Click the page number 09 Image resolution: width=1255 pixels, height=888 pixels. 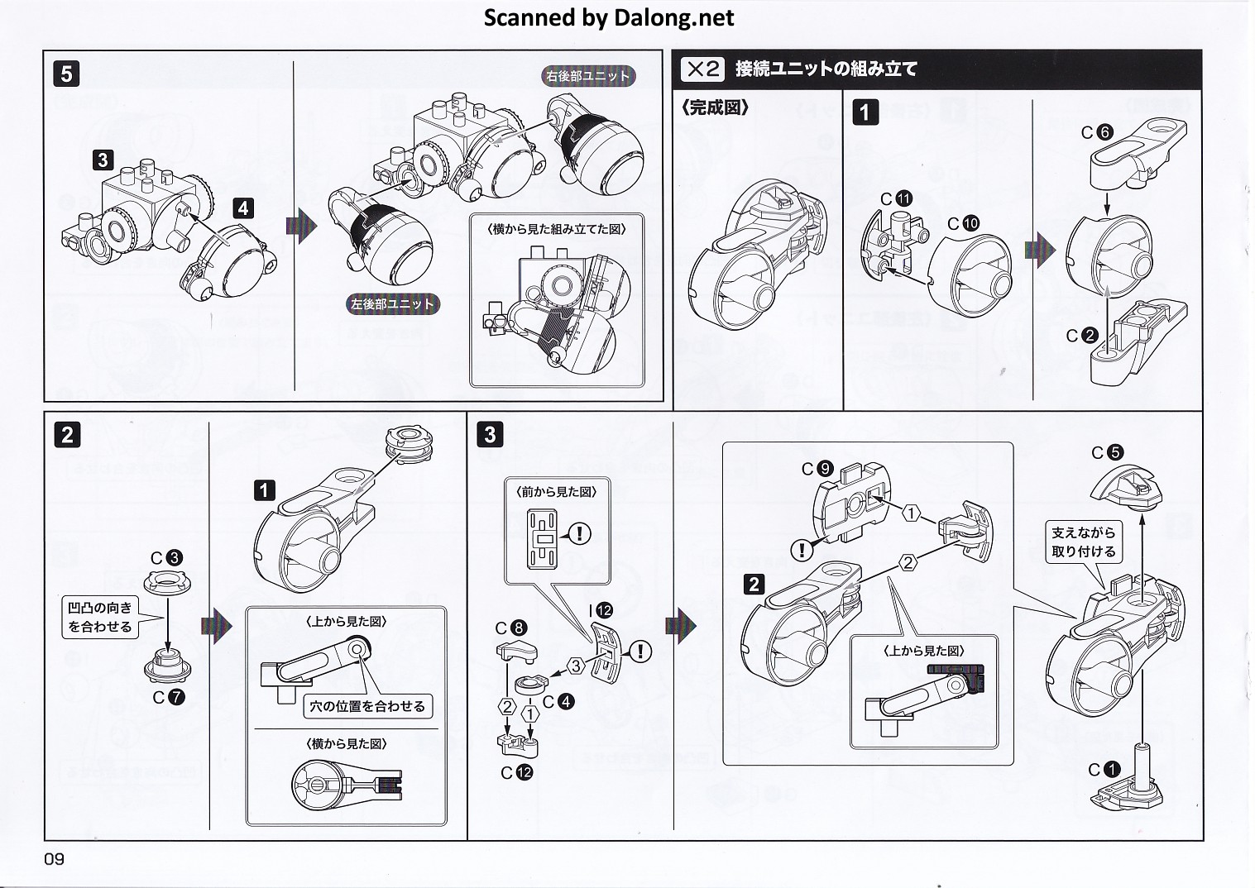pos(54,859)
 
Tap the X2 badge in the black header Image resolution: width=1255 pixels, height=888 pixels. pos(702,69)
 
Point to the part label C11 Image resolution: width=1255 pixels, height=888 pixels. pos(895,198)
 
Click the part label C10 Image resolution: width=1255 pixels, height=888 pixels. pos(963,223)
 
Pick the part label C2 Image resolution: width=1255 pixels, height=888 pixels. pos(1082,336)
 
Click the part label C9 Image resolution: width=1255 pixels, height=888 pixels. pos(816,469)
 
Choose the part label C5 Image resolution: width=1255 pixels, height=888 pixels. pos(1107,452)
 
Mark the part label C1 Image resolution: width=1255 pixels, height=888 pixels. pos(1104,770)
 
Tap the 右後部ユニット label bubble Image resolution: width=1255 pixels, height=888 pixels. pos(588,76)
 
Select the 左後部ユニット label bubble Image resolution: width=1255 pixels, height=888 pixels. pos(392,304)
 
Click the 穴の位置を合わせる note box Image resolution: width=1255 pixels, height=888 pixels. pos(366,706)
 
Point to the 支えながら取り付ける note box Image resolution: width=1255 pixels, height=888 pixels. pos(1083,542)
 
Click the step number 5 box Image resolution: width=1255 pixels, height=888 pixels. pos(66,74)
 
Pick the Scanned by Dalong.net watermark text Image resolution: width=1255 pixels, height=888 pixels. pos(608,17)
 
